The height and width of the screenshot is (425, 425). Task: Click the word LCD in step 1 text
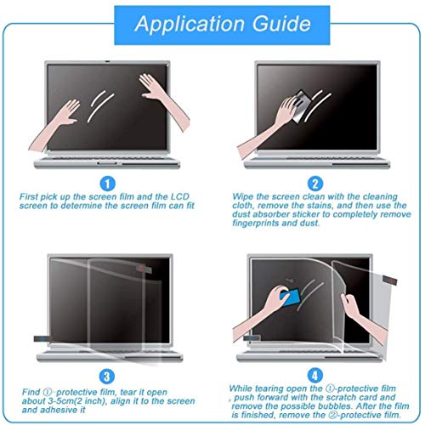tap(197, 196)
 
